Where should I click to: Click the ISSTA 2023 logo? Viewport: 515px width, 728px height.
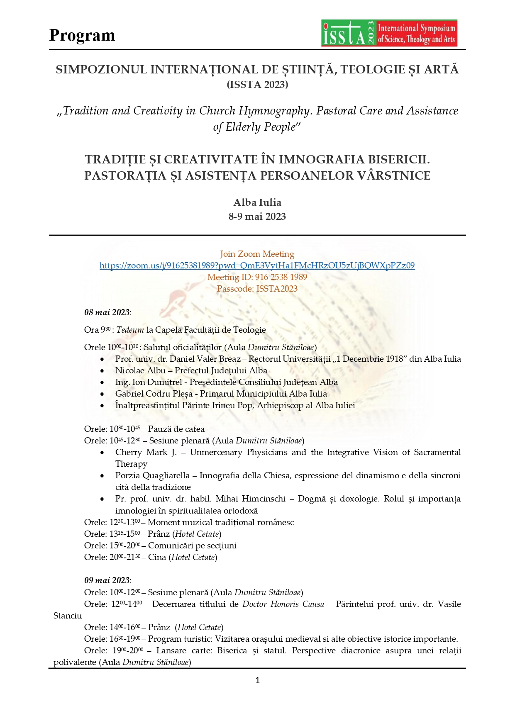(x=389, y=33)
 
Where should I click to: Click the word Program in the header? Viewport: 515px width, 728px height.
(x=82, y=36)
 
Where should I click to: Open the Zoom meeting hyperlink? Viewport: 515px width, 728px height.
(x=257, y=266)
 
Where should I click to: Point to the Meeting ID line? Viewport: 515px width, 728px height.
(x=257, y=277)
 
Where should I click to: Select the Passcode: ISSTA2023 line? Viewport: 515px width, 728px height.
(x=257, y=289)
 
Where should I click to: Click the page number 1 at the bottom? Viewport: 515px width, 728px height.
(x=258, y=680)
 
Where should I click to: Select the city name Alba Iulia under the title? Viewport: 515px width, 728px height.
(x=257, y=202)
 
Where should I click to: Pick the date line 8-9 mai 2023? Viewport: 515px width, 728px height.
(x=257, y=217)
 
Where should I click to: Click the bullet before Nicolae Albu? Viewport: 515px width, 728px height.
(x=102, y=371)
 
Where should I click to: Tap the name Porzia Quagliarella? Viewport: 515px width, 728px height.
(x=152, y=475)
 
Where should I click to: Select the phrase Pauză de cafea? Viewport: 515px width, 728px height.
(x=176, y=429)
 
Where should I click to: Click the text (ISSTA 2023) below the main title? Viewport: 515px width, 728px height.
(x=257, y=85)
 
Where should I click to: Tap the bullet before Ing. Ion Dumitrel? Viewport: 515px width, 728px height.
(x=102, y=382)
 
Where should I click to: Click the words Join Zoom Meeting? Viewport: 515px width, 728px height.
(x=257, y=254)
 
